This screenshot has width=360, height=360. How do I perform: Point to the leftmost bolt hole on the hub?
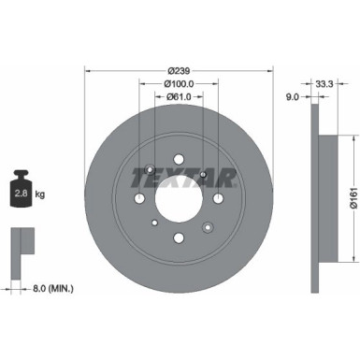(x=139, y=199)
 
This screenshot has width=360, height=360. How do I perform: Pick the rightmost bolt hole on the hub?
(x=218, y=199)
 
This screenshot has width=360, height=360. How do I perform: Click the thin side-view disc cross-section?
(x=314, y=196)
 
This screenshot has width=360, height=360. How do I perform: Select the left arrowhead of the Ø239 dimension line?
(x=88, y=68)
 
